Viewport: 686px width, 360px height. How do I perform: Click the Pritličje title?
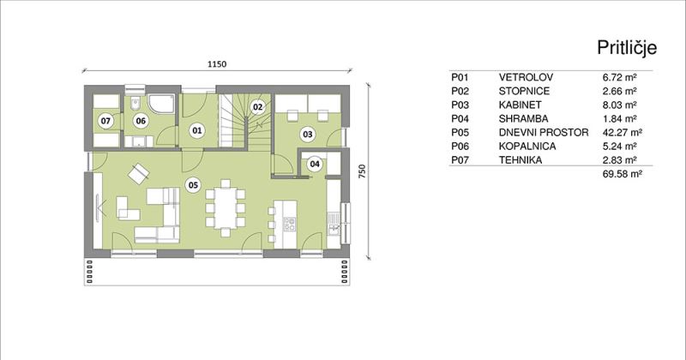627,48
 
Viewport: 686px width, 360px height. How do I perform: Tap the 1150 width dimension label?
217,64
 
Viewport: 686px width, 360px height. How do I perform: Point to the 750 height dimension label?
362,171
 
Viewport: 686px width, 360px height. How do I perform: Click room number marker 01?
197,130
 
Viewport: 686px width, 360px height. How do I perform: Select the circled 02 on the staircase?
258,107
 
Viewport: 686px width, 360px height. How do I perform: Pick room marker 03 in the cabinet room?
308,134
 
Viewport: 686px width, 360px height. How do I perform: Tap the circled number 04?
314,164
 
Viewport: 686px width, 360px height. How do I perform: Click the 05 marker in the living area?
193,185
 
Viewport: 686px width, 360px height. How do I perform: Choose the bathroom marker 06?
141,121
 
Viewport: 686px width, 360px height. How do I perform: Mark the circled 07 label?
105,121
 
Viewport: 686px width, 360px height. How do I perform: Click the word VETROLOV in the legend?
526,77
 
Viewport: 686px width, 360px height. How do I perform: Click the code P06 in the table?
460,146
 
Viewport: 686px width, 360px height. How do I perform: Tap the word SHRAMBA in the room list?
523,118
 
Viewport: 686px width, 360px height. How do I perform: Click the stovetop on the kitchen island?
289,224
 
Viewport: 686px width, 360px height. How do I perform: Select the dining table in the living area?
226,207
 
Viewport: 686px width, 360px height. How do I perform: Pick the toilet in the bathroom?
135,104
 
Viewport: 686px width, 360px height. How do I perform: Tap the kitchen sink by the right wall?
334,223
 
